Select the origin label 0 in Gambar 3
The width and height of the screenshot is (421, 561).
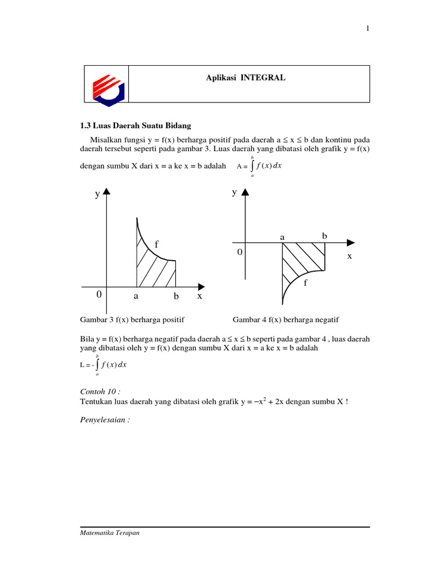click(99, 295)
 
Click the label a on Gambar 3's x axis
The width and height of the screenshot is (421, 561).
click(136, 296)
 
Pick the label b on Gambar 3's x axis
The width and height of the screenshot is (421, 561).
click(176, 296)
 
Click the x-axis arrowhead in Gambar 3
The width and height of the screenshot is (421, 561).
click(201, 287)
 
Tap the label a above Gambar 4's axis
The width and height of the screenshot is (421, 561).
click(283, 237)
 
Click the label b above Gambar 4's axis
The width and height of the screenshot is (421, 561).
click(325, 236)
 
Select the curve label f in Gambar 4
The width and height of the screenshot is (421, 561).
click(306, 284)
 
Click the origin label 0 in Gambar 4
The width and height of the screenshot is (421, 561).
click(239, 252)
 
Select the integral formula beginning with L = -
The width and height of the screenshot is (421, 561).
click(103, 365)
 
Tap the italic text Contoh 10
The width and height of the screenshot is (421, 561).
click(99, 392)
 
